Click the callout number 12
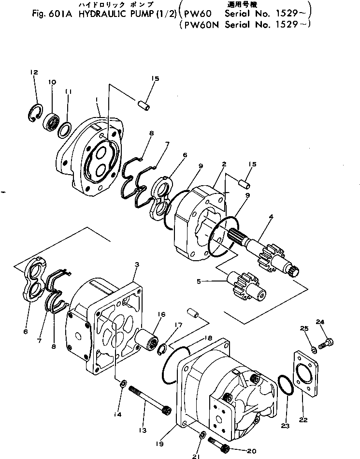click(x=34, y=73)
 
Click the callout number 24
click(x=320, y=322)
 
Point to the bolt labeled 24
click(x=326, y=342)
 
